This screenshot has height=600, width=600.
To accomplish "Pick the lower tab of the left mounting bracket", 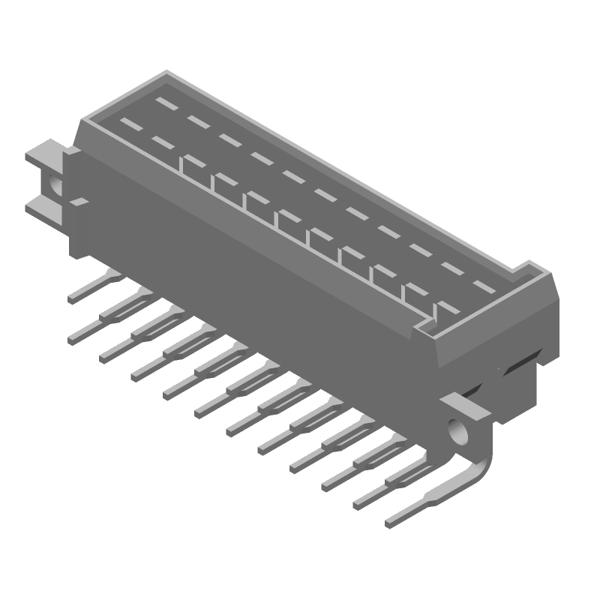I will [43, 206].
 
